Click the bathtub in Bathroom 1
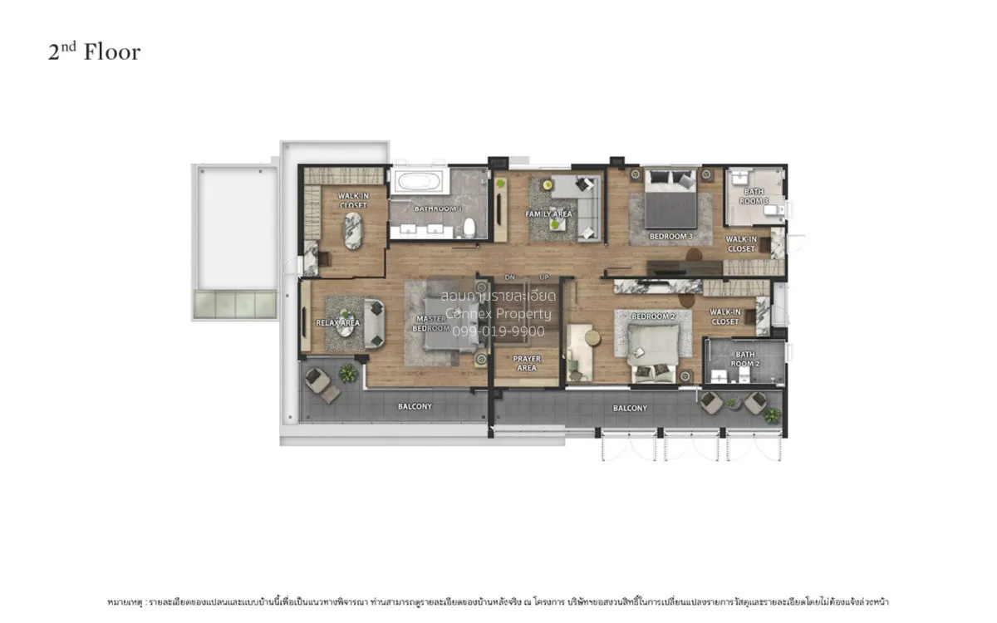pyautogui.click(x=420, y=182)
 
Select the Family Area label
pyautogui.click(x=549, y=214)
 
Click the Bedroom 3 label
pyautogui.click(x=670, y=237)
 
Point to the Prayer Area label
pyautogui.click(x=527, y=363)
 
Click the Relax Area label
pyautogui.click(x=337, y=322)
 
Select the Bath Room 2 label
pyautogui.click(x=744, y=359)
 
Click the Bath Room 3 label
pyautogui.click(x=754, y=197)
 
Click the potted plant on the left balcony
pyautogui.click(x=348, y=374)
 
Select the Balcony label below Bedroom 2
pyautogui.click(x=630, y=408)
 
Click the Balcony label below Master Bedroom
pyautogui.click(x=415, y=406)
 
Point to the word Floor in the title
pyautogui.click(x=112, y=52)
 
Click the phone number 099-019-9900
pyautogui.click(x=498, y=331)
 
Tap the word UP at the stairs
pyautogui.click(x=544, y=277)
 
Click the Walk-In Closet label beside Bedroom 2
pyautogui.click(x=724, y=316)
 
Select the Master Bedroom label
pyautogui.click(x=430, y=322)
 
